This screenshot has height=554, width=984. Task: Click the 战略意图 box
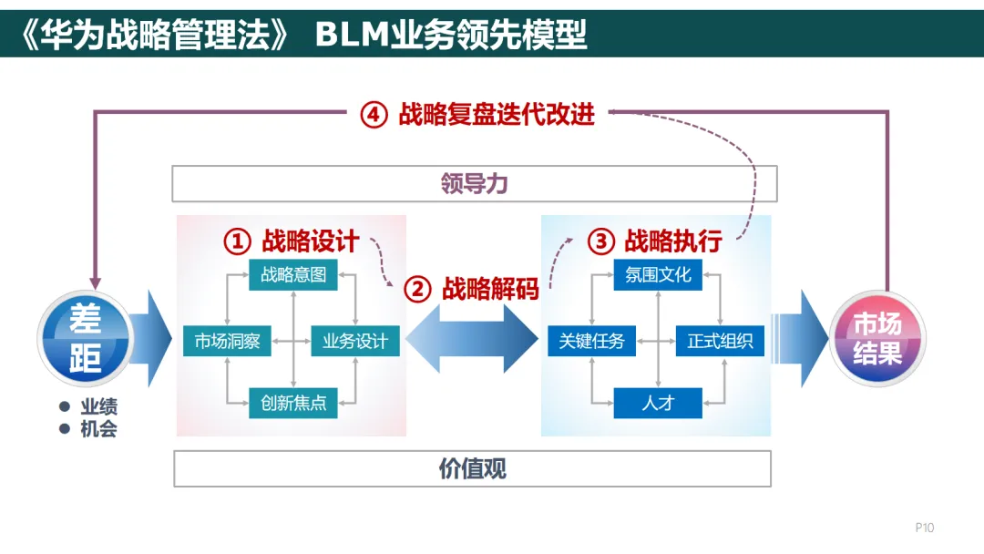(x=292, y=274)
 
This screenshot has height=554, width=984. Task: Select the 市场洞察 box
(x=227, y=342)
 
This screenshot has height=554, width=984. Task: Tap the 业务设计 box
(x=355, y=342)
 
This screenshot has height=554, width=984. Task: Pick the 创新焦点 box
(x=292, y=403)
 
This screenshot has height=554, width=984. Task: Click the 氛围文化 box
(x=658, y=274)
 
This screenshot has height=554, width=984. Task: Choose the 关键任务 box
(x=592, y=342)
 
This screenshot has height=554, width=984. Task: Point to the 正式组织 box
(x=720, y=342)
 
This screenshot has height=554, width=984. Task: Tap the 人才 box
(x=658, y=403)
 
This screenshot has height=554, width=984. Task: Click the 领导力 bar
(x=474, y=184)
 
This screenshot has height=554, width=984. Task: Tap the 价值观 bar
(x=472, y=469)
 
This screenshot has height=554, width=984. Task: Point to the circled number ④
(x=374, y=116)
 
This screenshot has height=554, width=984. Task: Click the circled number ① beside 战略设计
(x=237, y=241)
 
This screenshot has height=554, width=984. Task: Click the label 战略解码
(x=490, y=290)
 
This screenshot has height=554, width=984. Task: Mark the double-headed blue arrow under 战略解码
(x=472, y=338)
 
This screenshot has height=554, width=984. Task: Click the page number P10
(x=925, y=528)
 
